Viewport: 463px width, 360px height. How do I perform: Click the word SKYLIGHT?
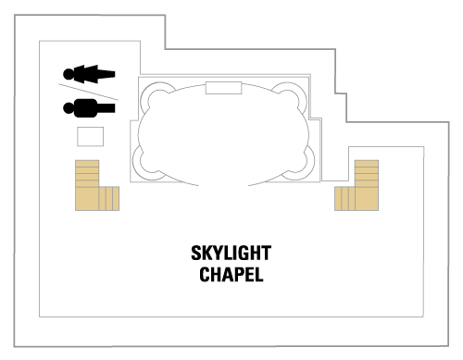[x=231, y=254]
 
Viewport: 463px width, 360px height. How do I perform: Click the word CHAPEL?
[x=231, y=274]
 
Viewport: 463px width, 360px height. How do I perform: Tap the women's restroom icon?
[x=89, y=73]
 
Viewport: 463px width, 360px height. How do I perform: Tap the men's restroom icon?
[x=89, y=107]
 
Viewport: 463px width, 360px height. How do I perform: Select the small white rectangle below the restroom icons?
[x=90, y=137]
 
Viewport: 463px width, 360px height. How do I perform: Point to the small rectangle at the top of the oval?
[x=223, y=87]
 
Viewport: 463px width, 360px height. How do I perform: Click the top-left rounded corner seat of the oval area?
[x=156, y=94]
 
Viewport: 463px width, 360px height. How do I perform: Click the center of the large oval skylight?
[x=223, y=131]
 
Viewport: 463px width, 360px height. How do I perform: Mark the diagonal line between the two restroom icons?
[x=90, y=91]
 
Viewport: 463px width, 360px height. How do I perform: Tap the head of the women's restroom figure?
[x=69, y=73]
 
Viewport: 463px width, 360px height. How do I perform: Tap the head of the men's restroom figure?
[x=69, y=107]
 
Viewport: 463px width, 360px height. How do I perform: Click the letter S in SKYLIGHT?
[x=195, y=254]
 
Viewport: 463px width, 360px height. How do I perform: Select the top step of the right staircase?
[x=366, y=163]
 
